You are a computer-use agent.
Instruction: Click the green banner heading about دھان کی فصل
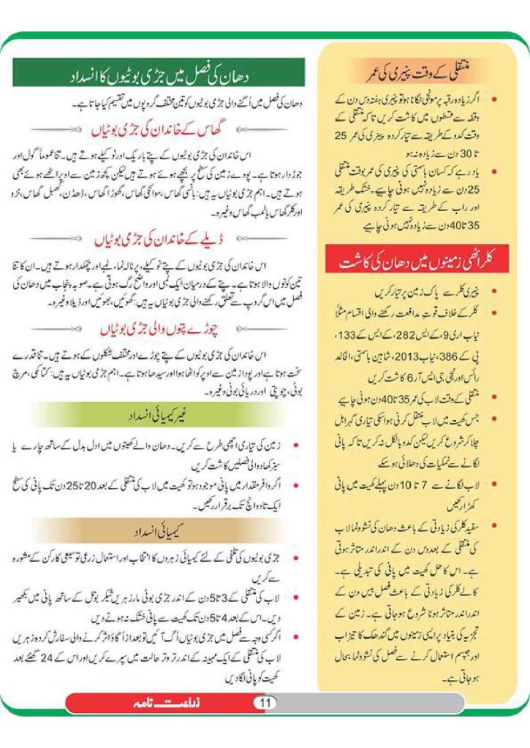coord(159,73)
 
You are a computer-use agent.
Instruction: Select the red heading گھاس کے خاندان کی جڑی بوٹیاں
coord(159,130)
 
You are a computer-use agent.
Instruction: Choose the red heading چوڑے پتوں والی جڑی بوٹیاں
coord(159,330)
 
